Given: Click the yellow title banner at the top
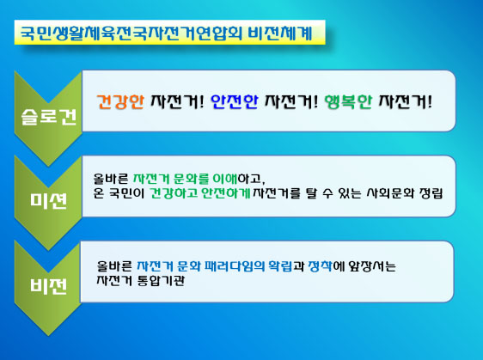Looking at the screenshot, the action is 169,33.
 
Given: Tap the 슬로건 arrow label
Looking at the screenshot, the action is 49,118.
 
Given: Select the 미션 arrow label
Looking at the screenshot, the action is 49,201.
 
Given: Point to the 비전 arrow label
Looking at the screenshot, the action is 49,285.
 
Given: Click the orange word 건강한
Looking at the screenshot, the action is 120,101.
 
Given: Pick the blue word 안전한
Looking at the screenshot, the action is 234,101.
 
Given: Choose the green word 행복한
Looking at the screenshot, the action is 348,101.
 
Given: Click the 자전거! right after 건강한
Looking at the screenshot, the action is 177,101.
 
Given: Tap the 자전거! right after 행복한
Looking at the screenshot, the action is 405,101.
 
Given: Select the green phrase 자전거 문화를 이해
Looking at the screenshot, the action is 185,179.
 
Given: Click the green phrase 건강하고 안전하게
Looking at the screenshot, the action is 200,193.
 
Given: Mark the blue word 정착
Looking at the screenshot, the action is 320,266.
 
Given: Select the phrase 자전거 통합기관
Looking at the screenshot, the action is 141,281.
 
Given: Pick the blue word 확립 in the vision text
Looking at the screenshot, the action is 280,266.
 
